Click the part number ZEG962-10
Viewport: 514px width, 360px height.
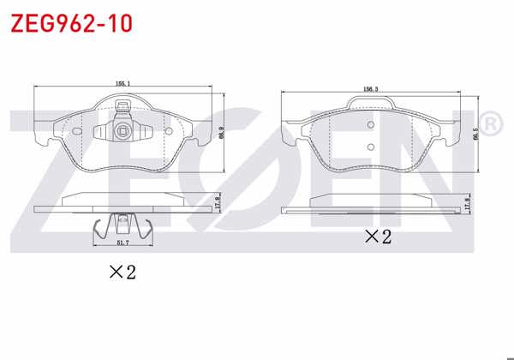[70, 23]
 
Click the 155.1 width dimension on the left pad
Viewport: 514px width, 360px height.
[123, 83]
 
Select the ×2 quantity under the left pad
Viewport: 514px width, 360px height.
[122, 273]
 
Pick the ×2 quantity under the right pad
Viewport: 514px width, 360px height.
[377, 237]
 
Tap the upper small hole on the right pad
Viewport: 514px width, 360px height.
[371, 123]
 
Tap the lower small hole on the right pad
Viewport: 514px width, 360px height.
[371, 147]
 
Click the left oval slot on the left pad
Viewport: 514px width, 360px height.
[77, 131]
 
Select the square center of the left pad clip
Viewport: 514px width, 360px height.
[124, 131]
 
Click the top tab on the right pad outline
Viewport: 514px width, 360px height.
[371, 104]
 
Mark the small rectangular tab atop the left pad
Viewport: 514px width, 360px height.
[123, 108]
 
